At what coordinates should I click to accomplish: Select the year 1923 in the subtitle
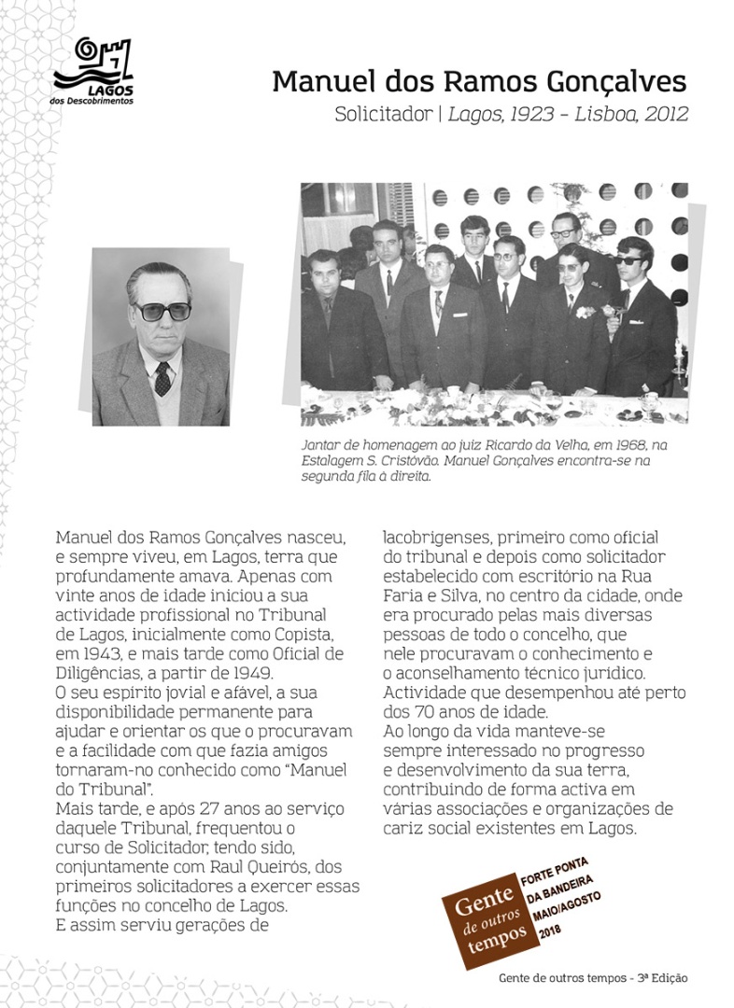(527, 116)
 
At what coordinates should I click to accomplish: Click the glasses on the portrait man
(161, 312)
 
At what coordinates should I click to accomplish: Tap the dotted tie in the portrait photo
(162, 377)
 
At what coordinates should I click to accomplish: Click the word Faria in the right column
(405, 594)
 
